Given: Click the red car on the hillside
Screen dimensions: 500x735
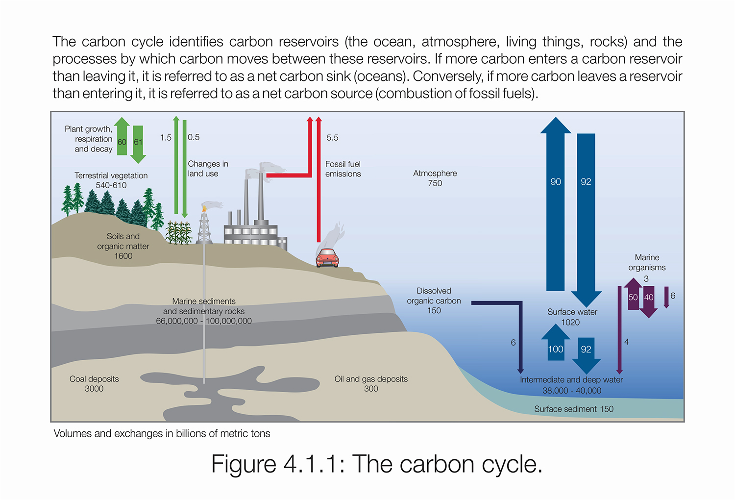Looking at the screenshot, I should [x=327, y=258].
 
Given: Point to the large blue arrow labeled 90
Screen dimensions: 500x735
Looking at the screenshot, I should [x=556, y=206].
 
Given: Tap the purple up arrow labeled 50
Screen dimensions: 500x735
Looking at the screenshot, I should [x=633, y=294].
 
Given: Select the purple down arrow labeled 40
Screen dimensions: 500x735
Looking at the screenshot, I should [x=649, y=300].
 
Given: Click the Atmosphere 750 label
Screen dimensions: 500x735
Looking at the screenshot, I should [x=435, y=178].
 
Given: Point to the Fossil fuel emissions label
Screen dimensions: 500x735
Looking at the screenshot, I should [x=343, y=169].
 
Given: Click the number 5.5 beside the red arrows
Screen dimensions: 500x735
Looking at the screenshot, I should [x=332, y=138].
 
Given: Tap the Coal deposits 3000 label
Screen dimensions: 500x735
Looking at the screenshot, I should [x=94, y=384].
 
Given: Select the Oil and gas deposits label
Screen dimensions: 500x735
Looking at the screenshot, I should [x=371, y=384].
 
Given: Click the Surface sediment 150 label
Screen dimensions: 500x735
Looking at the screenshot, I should [x=574, y=409].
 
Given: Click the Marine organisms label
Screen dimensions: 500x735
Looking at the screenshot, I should [x=647, y=262].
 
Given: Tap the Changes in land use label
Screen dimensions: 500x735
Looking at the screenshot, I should [x=208, y=169].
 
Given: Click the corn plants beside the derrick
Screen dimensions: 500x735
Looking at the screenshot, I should [x=178, y=233].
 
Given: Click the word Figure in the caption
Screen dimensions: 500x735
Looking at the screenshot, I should [x=244, y=464].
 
